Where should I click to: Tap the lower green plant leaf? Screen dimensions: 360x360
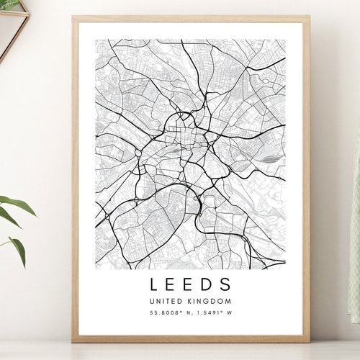18,248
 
